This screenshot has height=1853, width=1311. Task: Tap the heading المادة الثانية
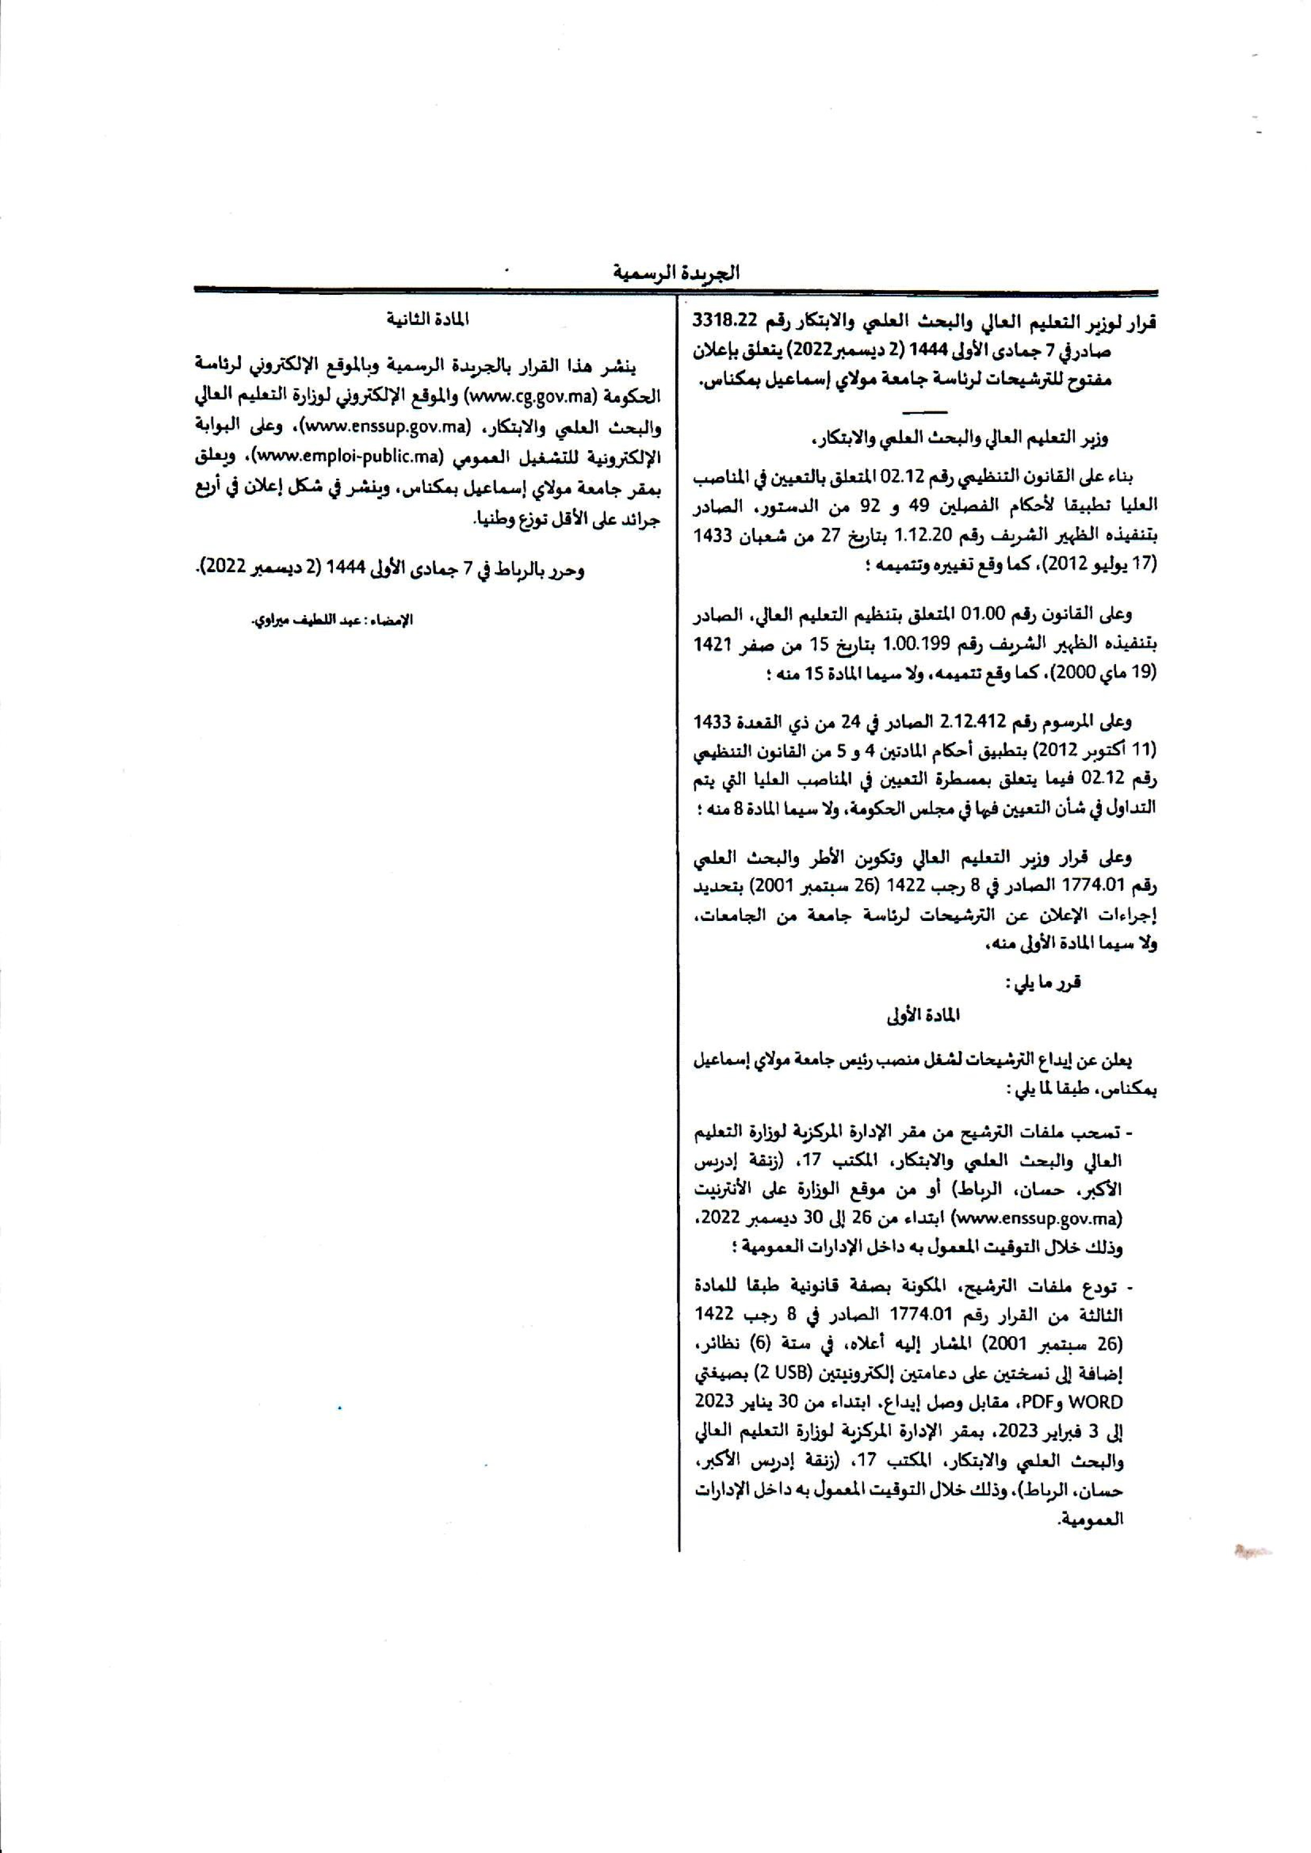(x=428, y=320)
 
